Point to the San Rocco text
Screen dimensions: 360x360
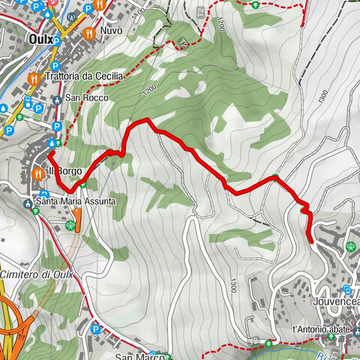coord(86,98)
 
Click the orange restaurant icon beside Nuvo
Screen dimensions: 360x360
coord(89,33)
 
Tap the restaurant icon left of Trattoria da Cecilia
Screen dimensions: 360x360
coord(33,77)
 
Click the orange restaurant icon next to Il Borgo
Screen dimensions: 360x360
coord(37,172)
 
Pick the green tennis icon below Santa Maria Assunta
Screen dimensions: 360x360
coord(72,223)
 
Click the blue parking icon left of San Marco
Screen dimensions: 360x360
coord(96,328)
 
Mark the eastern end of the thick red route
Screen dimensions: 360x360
coord(310,239)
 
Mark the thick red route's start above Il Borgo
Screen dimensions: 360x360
coord(51,154)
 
